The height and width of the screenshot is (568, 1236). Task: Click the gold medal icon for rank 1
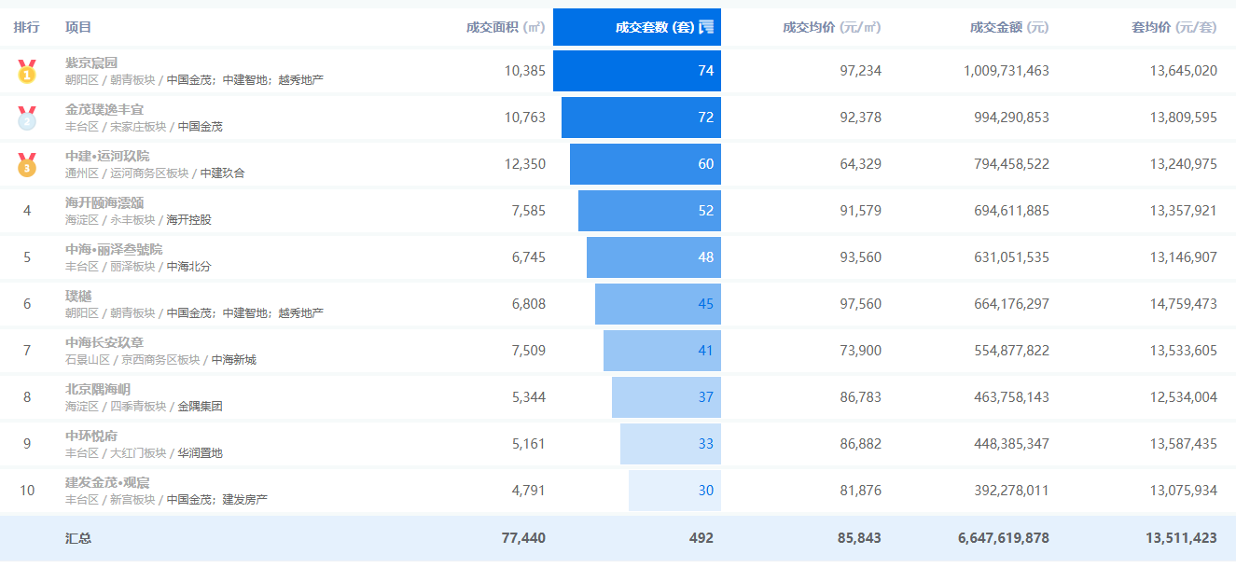pyautogui.click(x=27, y=71)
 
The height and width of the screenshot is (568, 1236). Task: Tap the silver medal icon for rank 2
pyautogui.click(x=27, y=118)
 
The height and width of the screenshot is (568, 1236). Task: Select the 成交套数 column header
pyautogui.click(x=654, y=27)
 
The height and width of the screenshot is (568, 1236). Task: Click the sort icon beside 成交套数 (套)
pyautogui.click(x=706, y=26)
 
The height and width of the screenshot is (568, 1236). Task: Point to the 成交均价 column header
pyautogui.click(x=831, y=27)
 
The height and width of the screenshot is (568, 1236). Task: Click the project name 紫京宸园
pyautogui.click(x=91, y=62)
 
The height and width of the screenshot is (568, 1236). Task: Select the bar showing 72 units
pyautogui.click(x=641, y=118)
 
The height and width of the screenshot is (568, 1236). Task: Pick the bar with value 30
pyautogui.click(x=674, y=491)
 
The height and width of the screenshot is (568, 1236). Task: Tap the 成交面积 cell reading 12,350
pyautogui.click(x=524, y=164)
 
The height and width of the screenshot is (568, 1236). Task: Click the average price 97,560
pyautogui.click(x=860, y=304)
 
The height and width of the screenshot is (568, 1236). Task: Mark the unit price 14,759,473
pyautogui.click(x=1183, y=304)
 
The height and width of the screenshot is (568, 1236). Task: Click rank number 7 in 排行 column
pyautogui.click(x=27, y=351)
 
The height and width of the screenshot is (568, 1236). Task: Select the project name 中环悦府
pyautogui.click(x=91, y=436)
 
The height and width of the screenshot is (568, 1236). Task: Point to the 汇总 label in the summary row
pyautogui.click(x=78, y=538)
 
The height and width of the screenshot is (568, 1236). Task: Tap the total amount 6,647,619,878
pyautogui.click(x=1003, y=538)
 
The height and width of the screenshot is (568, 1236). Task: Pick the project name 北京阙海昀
pyautogui.click(x=98, y=389)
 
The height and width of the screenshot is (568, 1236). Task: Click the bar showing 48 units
pyautogui.click(x=653, y=257)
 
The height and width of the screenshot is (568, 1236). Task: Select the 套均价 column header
pyautogui.click(x=1174, y=27)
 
